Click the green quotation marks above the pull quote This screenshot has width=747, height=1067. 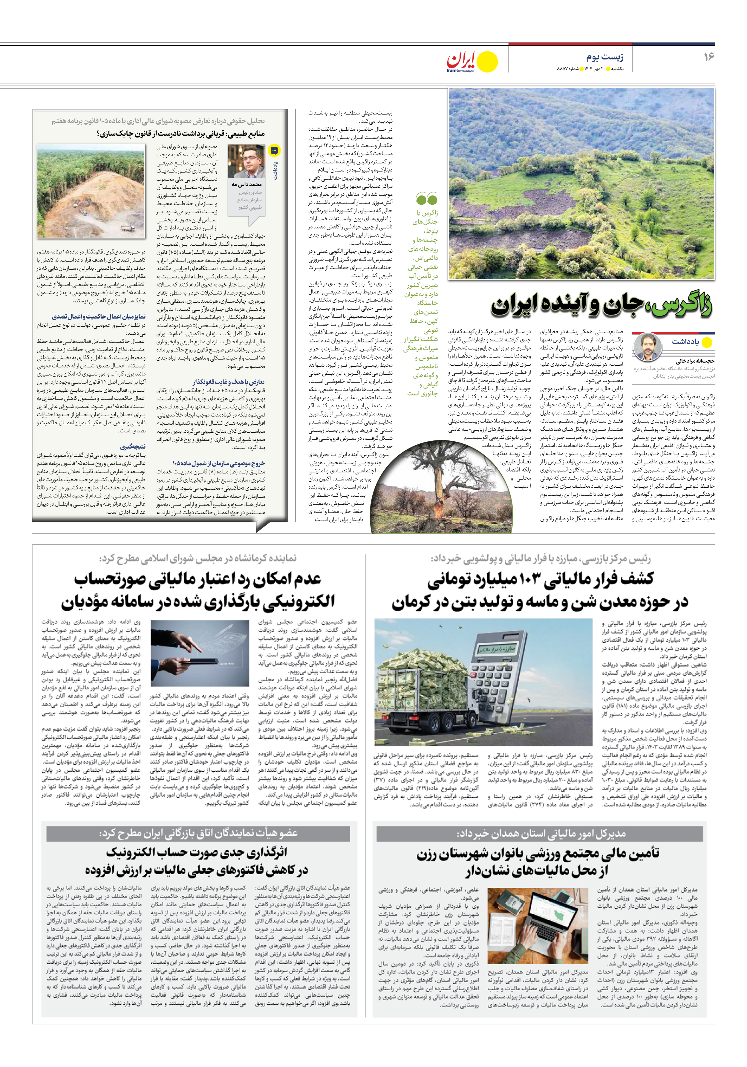426,199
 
